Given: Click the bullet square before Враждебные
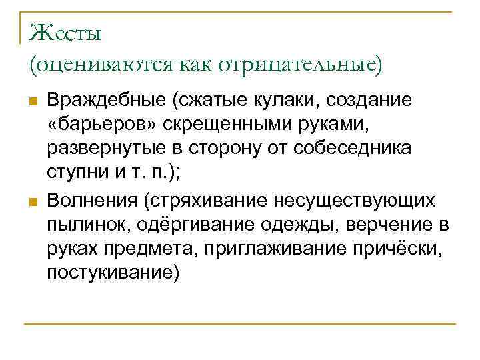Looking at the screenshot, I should tap(31, 101).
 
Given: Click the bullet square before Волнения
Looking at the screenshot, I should tap(31, 201).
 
